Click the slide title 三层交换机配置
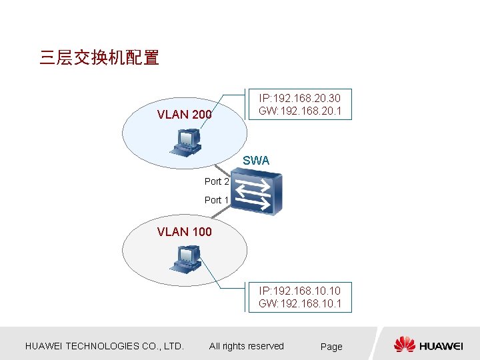coord(99,58)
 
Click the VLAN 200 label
coord(184,115)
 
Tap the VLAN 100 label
coord(184,232)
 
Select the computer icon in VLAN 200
coord(187,140)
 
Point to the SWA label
coord(256,161)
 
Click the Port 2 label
coord(217,181)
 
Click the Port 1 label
coord(217,200)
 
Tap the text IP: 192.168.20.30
coord(300,98)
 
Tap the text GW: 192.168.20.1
coord(300,111)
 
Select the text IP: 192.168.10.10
coord(300,291)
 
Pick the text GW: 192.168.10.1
coord(300,304)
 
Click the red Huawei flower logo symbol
coord(405,345)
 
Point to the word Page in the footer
coord(331,347)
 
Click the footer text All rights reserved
coord(247,346)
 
